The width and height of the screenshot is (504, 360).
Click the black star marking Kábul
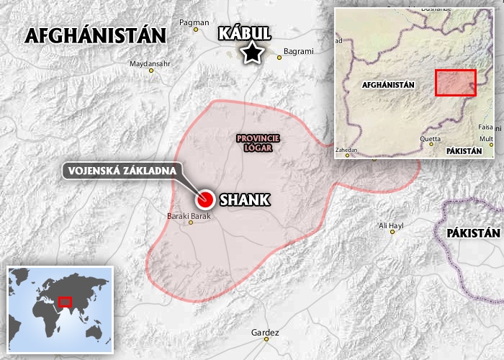251,53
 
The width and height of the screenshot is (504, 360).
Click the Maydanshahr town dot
151,71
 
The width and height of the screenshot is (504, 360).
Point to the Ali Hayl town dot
392,232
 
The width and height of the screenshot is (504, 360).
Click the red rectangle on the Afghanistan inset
455,83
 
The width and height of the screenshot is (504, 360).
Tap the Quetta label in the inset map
431,139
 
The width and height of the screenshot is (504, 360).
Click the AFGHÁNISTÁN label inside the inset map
389,85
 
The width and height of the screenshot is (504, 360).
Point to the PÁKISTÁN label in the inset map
464,151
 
